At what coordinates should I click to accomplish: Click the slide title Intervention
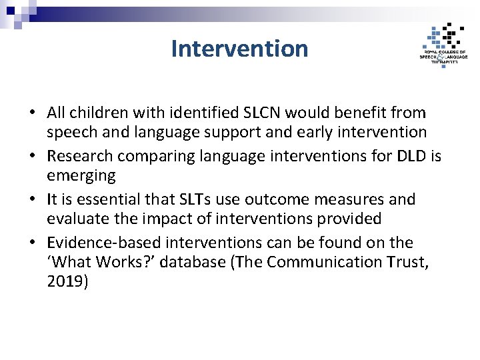239,49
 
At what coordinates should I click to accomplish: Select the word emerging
81,175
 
